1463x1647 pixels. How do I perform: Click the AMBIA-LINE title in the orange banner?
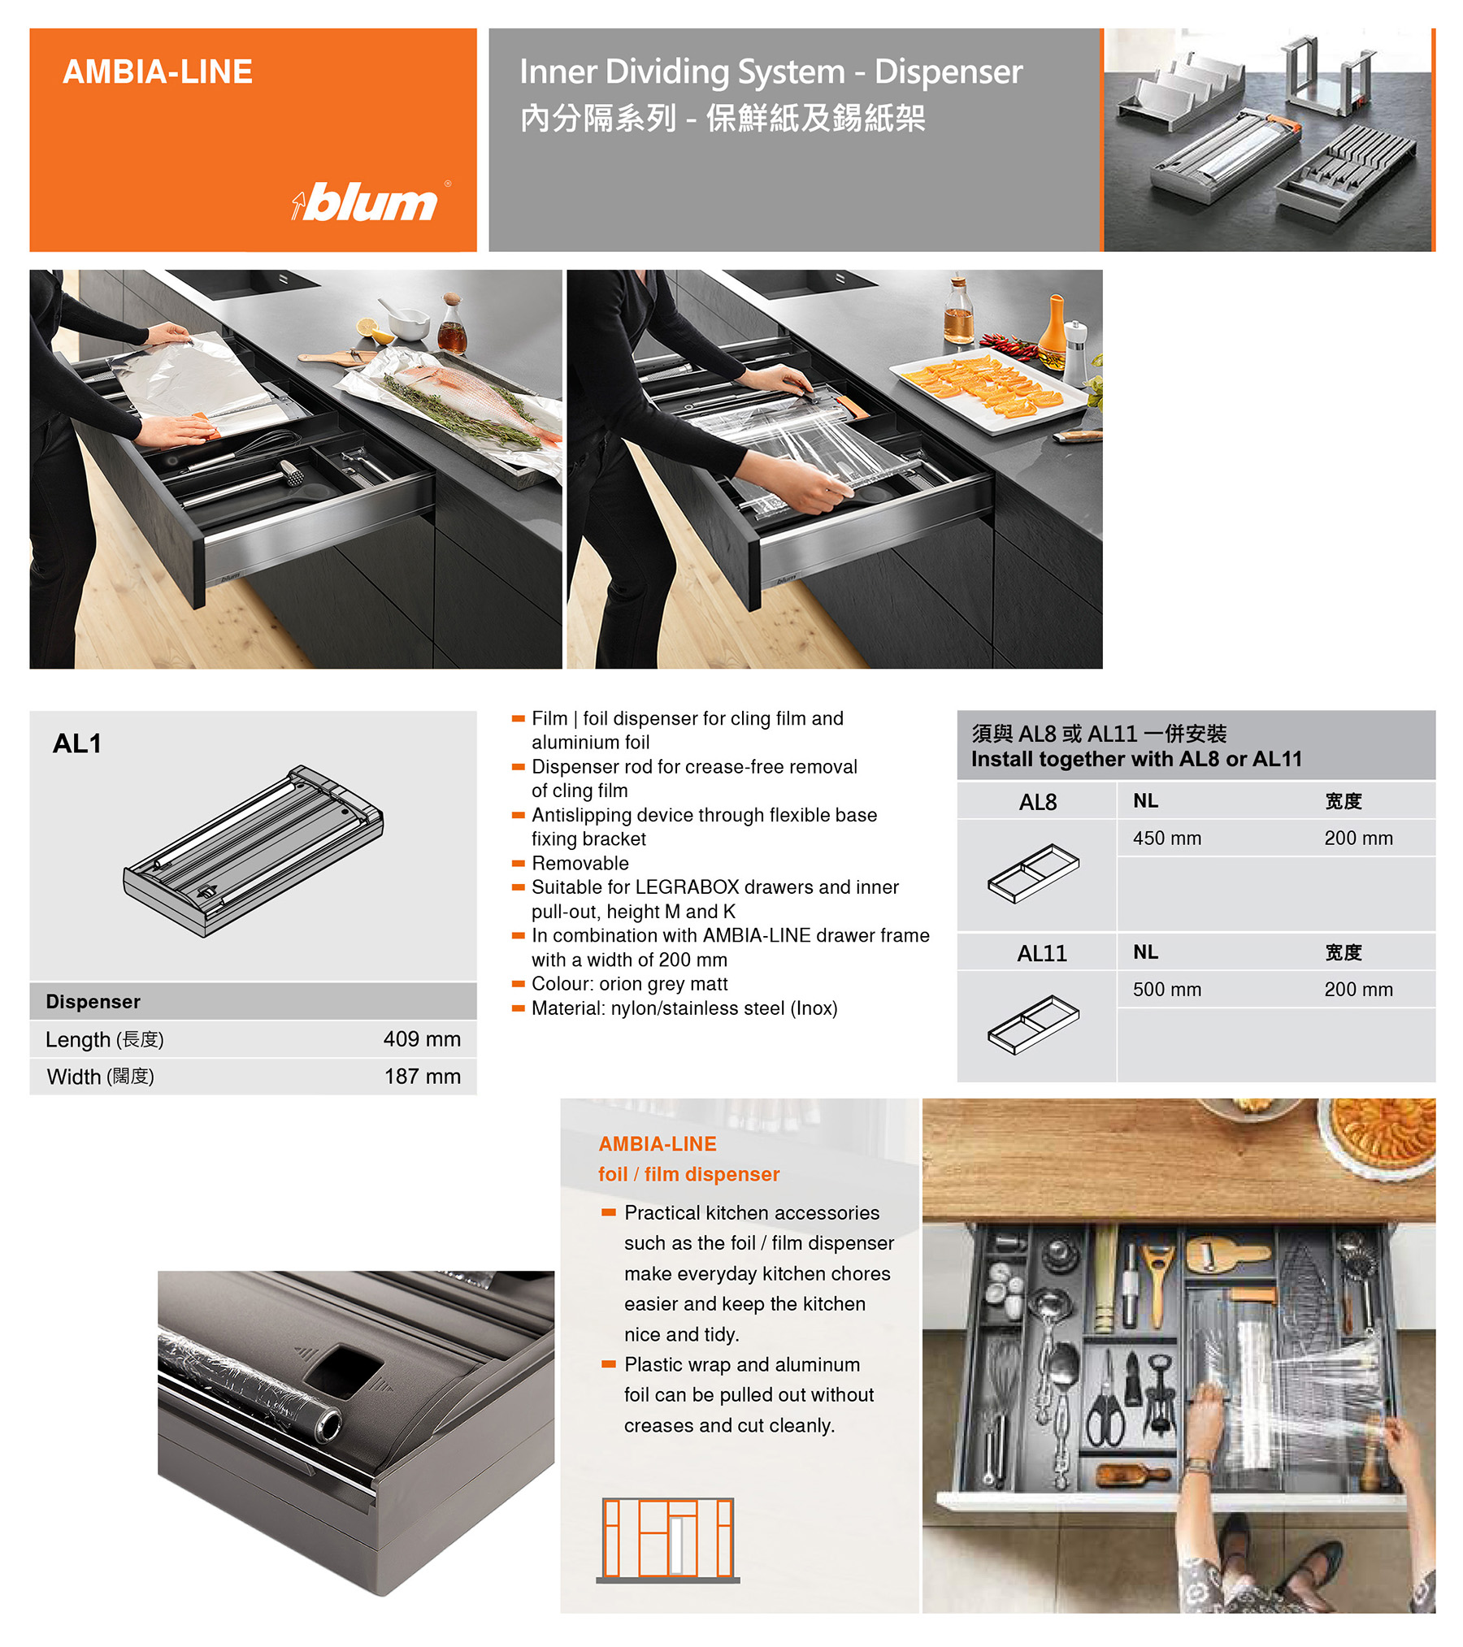click(158, 72)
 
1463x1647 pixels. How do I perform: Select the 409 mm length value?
click(422, 1038)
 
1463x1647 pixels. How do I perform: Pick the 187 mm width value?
click(422, 1076)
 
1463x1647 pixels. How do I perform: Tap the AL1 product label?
click(77, 743)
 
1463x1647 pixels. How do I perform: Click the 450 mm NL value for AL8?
click(1166, 838)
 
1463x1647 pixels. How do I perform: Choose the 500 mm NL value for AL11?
click(1166, 989)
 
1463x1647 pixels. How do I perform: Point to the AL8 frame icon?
click(1033, 873)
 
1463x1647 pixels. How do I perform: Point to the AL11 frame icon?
click(1033, 1024)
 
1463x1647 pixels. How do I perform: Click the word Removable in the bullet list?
click(580, 863)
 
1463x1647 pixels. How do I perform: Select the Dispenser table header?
click(93, 1001)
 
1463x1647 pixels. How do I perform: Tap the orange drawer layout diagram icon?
click(668, 1540)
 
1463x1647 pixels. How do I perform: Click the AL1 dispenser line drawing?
click(253, 850)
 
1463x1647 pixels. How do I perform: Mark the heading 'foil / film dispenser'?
click(688, 1174)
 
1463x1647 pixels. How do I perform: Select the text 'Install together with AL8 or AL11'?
click(1136, 759)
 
